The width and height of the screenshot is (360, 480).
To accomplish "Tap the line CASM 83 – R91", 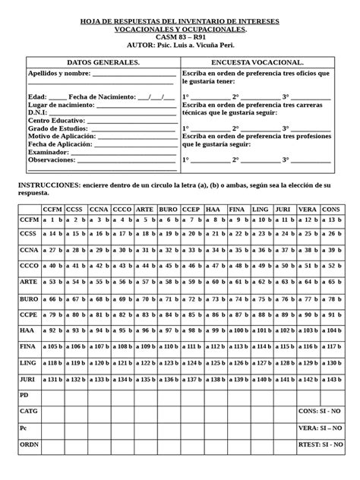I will [179, 36].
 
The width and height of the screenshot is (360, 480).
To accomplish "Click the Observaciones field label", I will [51, 159].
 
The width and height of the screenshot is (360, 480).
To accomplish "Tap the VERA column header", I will [308, 209].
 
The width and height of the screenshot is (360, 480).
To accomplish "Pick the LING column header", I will [260, 209].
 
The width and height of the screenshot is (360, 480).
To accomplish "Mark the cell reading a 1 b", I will [52, 219].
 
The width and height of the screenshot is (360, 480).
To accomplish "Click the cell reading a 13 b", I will [331, 219].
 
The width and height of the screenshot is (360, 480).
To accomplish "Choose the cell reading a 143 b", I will [331, 379].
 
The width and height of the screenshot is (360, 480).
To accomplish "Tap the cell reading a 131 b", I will [52, 379].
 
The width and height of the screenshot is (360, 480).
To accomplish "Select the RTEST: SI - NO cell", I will [321, 444].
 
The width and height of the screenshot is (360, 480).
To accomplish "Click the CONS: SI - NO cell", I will [321, 412].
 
